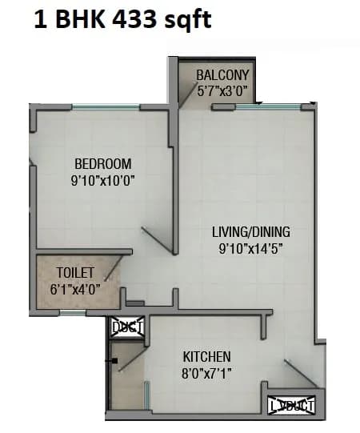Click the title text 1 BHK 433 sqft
(x=122, y=18)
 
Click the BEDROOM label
(x=103, y=166)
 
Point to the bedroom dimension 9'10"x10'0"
(x=103, y=181)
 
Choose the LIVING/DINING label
(x=251, y=232)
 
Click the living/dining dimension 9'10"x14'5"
(x=251, y=247)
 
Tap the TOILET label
(x=75, y=272)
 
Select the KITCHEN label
(x=206, y=356)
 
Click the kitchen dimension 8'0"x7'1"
(x=206, y=371)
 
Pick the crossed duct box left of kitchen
(x=126, y=327)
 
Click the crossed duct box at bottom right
(x=291, y=406)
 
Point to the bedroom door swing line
(x=157, y=242)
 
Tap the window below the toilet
(x=73, y=313)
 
